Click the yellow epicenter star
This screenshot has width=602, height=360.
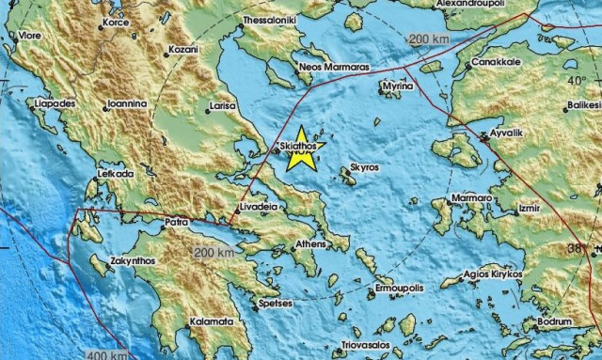301,149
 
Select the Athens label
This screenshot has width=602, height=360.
311,244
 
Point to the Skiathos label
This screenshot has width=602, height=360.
299,148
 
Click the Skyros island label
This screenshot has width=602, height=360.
364,167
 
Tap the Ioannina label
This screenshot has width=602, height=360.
125,103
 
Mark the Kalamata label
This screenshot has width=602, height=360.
213,321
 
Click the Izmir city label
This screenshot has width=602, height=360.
531,204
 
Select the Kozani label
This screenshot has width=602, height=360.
183,48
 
